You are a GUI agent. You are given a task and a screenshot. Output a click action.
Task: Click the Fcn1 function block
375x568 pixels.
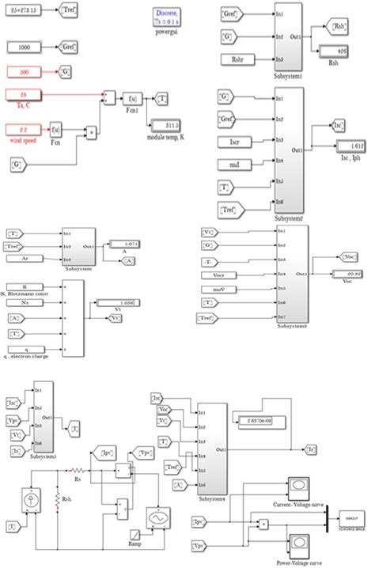[130, 99]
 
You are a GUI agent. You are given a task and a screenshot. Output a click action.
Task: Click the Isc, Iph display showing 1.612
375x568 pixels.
[349, 148]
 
